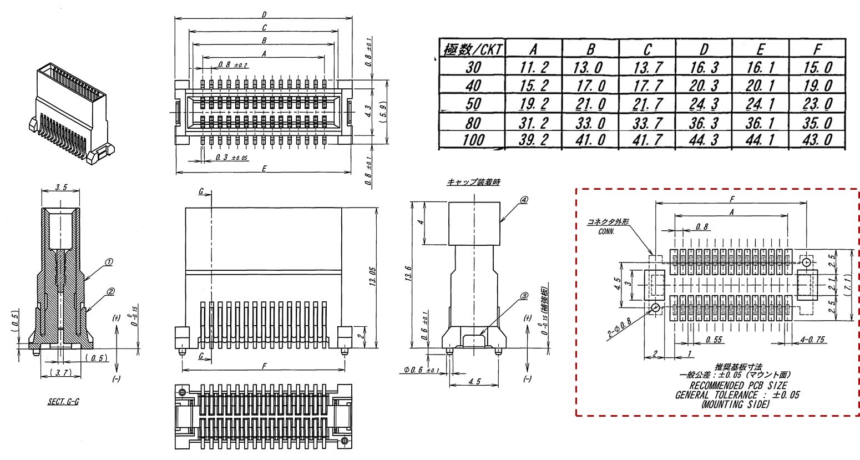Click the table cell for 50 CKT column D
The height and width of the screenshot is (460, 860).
(704, 104)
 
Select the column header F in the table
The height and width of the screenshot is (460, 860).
(816, 50)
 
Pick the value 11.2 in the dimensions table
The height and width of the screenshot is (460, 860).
(535, 68)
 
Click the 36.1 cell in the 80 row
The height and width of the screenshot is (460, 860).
(760, 122)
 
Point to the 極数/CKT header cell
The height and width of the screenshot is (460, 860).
(473, 50)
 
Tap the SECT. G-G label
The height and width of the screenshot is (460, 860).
(63, 401)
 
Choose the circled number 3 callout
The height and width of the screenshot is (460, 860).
(523, 296)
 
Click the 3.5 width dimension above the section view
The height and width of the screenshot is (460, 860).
(61, 188)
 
